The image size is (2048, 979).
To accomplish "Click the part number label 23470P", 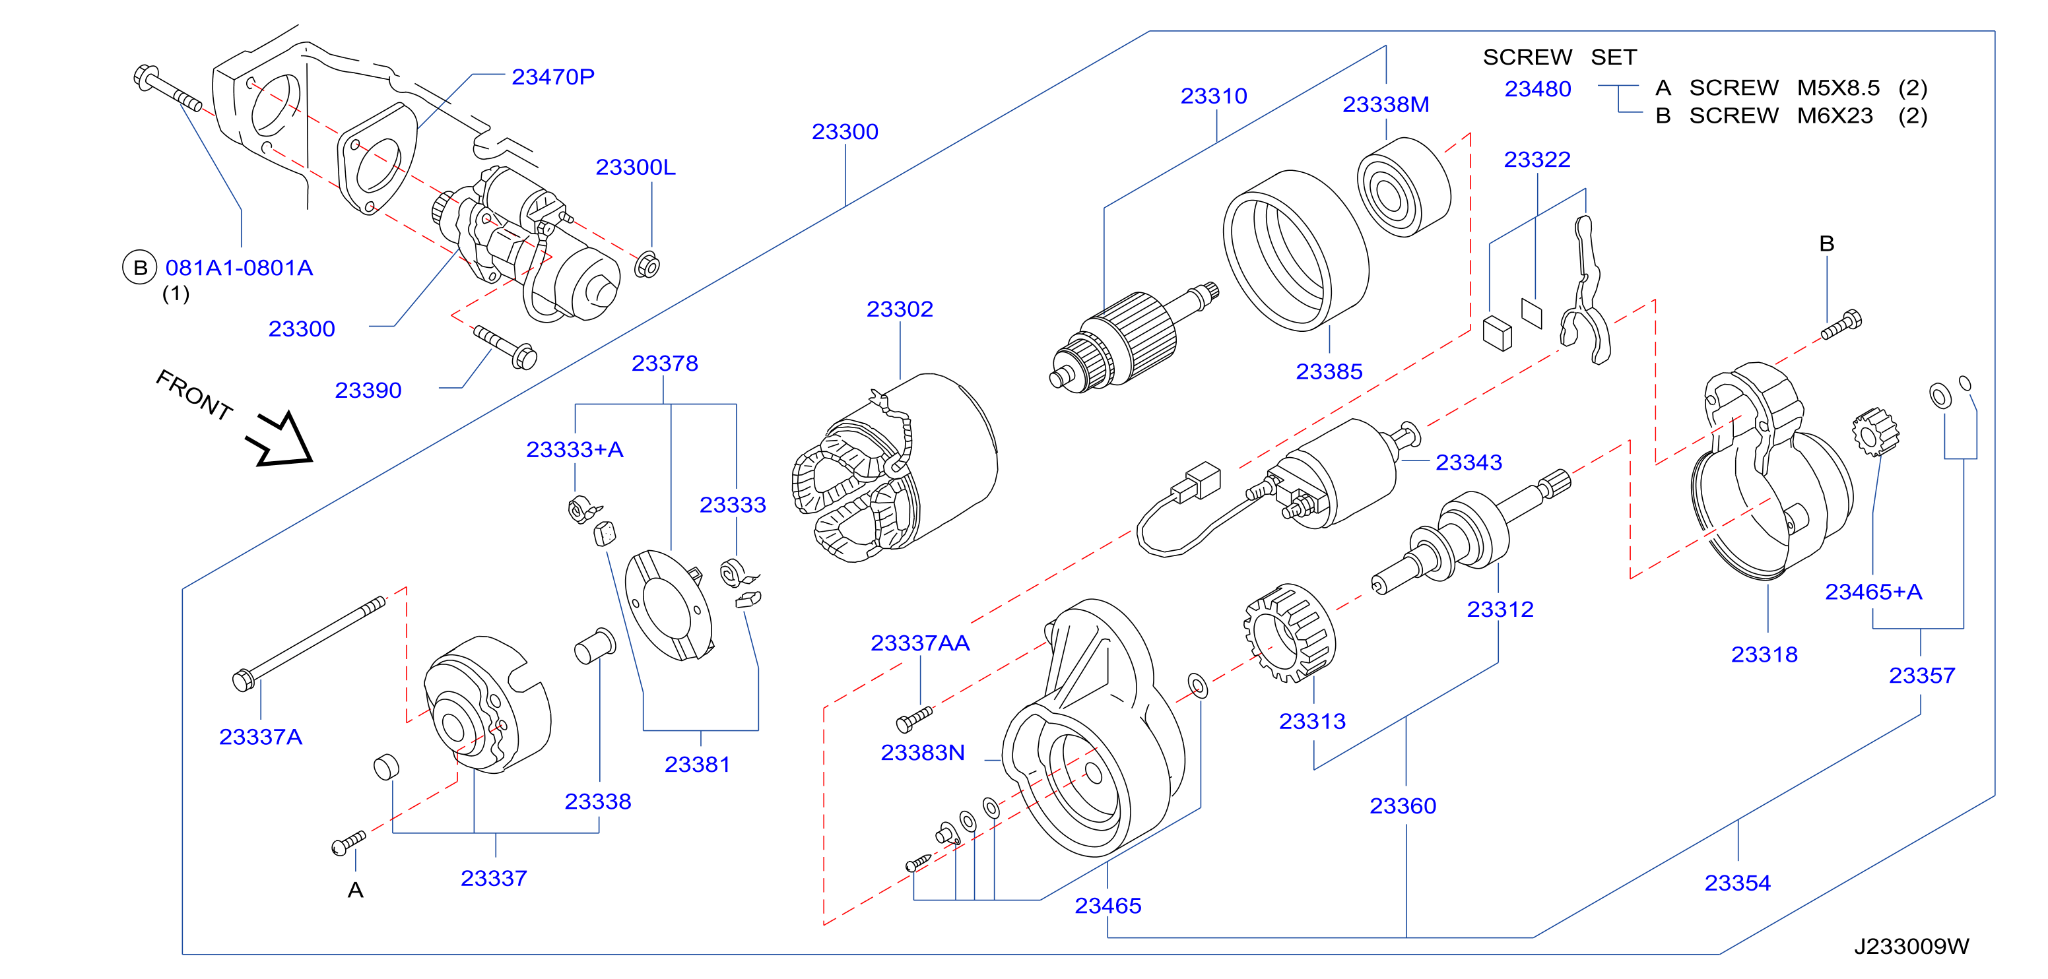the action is pyautogui.click(x=552, y=77).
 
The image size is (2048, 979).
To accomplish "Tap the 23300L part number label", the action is pyautogui.click(x=635, y=168).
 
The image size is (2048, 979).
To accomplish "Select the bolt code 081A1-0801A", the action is pyautogui.click(x=240, y=268).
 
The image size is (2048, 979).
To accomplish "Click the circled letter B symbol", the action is pyautogui.click(x=140, y=268).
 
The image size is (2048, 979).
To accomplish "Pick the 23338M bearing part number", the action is pyautogui.click(x=1386, y=105).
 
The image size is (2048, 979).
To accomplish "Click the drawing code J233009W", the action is pyautogui.click(x=1911, y=947).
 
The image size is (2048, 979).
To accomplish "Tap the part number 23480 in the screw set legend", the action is pyautogui.click(x=1538, y=89).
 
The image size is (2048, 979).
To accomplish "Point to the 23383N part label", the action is pyautogui.click(x=922, y=753).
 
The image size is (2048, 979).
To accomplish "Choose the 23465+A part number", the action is pyautogui.click(x=1873, y=592).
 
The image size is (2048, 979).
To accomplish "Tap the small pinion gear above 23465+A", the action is pyautogui.click(x=1874, y=432).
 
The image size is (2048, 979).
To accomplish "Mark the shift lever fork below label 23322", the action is pyautogui.click(x=1585, y=291).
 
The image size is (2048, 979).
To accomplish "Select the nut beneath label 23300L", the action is pyautogui.click(x=647, y=265).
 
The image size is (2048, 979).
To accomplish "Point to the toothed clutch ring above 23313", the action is pyautogui.click(x=1289, y=633).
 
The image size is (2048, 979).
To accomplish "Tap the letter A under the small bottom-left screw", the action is pyautogui.click(x=355, y=890).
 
